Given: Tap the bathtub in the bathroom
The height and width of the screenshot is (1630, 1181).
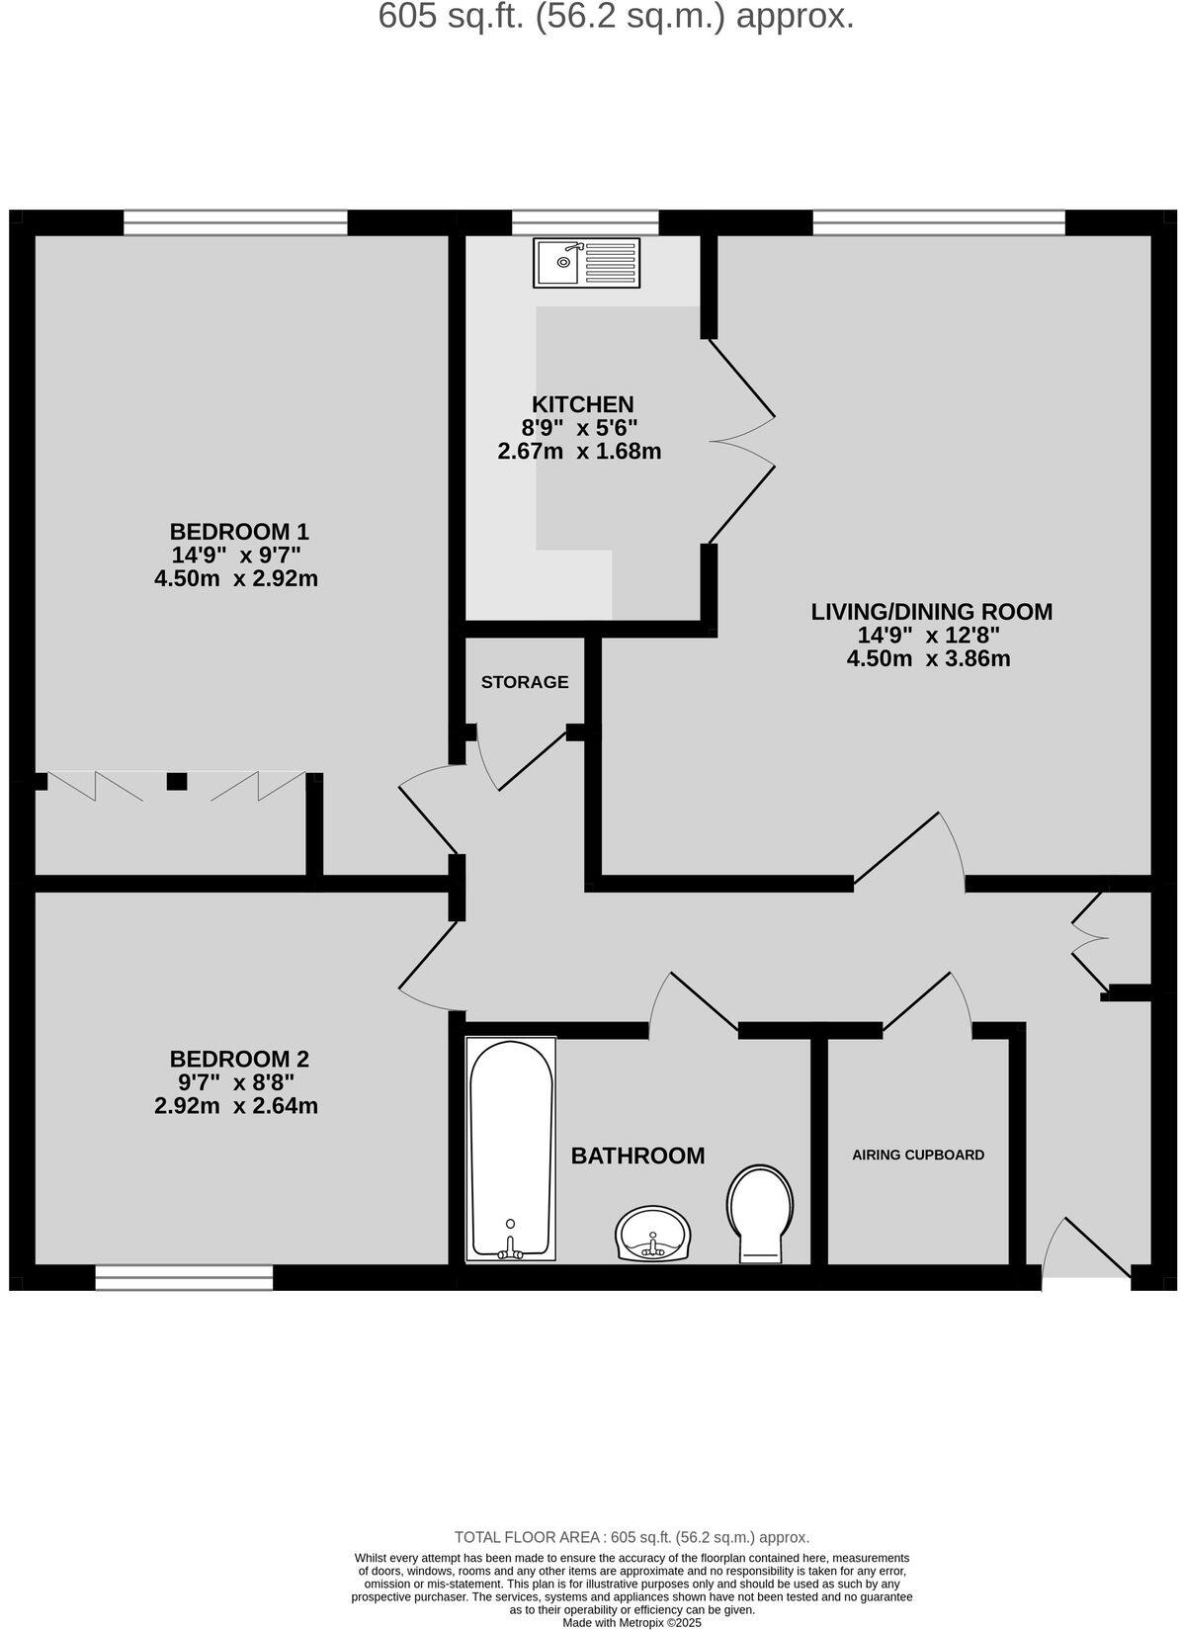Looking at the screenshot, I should (510, 1148).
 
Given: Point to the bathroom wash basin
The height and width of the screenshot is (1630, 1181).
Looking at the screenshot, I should (652, 1233).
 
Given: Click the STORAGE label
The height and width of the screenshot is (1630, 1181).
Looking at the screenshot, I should (525, 682).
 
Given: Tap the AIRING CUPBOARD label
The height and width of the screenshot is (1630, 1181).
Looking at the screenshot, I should (918, 1155).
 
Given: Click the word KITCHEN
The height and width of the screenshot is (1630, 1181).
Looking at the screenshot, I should (582, 404).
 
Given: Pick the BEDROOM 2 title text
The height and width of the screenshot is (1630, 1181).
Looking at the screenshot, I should (239, 1059).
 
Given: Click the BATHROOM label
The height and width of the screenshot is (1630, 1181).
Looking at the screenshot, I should (637, 1156).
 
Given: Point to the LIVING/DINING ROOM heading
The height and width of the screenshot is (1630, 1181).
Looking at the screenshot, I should (931, 612).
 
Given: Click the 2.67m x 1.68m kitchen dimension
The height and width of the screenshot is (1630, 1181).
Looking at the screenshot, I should (578, 453).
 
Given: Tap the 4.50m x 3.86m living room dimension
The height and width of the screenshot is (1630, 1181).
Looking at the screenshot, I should (928, 658).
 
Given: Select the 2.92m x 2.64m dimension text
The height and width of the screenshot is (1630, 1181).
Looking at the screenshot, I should (236, 1106).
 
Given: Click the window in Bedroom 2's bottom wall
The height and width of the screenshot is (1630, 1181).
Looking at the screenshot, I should (184, 1278).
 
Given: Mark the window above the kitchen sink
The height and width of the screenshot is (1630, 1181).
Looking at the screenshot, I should (585, 222).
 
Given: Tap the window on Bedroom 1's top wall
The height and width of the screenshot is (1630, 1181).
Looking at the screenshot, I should (235, 222).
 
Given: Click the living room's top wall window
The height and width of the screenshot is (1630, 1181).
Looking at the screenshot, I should (938, 222).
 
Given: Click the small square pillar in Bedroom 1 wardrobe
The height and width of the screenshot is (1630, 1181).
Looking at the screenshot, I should (177, 781).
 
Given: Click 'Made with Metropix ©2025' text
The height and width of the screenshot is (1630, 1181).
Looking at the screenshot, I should (632, 1622).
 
